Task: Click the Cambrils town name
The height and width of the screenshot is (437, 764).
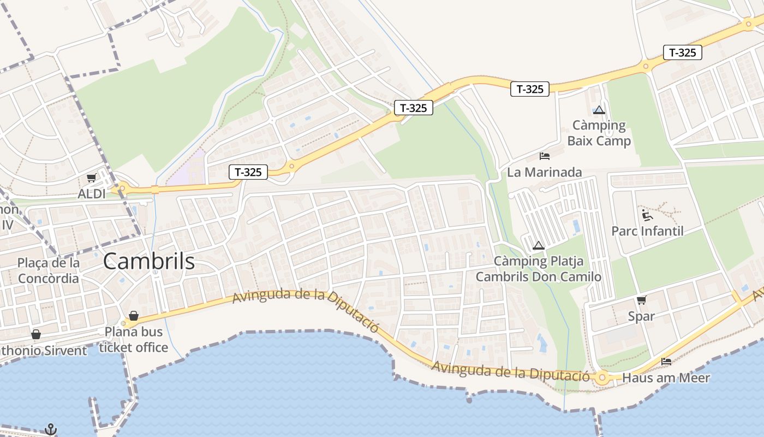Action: point(148,262)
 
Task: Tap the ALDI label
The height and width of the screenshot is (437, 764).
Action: point(92,193)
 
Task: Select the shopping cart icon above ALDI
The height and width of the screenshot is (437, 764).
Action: point(92,178)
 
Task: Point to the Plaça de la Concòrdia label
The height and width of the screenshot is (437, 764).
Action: point(48,270)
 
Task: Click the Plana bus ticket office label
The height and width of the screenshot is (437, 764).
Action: point(134,339)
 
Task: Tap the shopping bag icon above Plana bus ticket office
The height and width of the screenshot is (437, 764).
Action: point(133,316)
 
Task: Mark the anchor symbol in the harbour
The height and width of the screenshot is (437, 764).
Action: point(51,429)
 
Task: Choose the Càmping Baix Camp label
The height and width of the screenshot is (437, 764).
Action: point(599,133)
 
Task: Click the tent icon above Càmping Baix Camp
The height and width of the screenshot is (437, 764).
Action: point(599,110)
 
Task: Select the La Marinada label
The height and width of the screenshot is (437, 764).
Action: point(544,172)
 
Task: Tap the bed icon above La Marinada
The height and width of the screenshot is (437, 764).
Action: point(544,156)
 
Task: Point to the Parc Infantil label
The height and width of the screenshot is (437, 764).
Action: point(647,231)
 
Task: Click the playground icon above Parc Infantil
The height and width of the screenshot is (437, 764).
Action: point(647,214)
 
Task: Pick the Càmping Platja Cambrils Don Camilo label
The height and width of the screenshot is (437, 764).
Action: point(539,269)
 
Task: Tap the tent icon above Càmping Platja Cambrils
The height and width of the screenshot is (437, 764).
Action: point(539,245)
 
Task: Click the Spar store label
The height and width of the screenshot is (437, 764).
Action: point(641,316)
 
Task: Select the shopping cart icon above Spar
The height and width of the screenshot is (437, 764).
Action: point(641,300)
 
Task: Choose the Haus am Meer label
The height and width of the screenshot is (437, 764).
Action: point(666,377)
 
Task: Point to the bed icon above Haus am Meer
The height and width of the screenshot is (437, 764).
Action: point(666,362)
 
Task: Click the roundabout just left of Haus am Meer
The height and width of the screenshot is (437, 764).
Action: point(602,377)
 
